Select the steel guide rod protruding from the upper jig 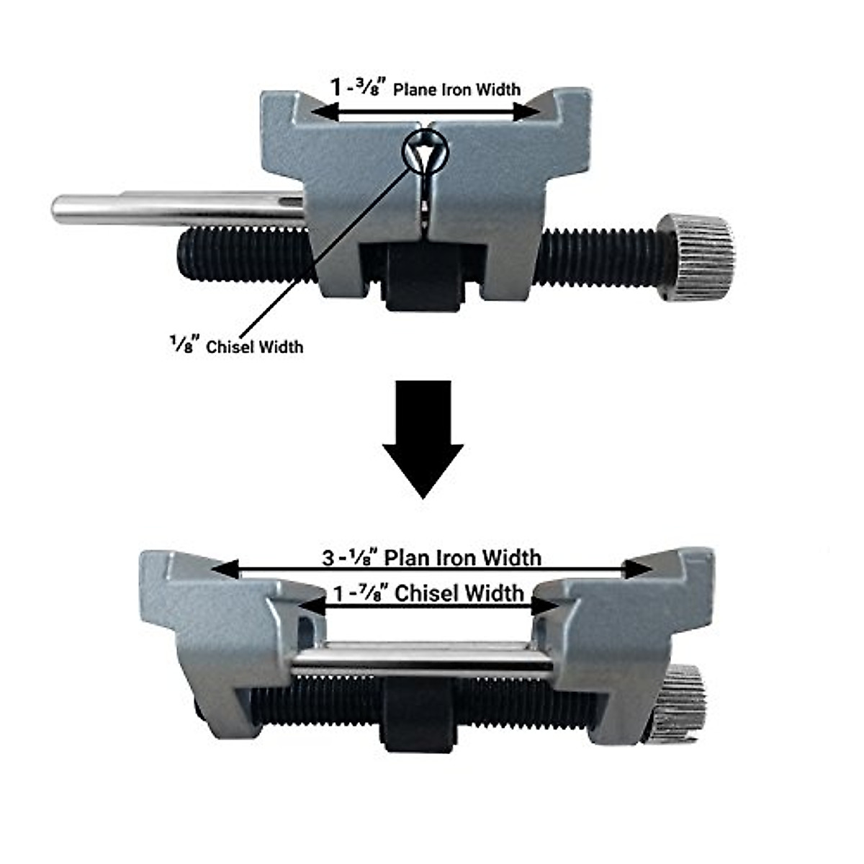click(173, 208)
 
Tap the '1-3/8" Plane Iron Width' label click(425, 89)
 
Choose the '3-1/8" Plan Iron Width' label click(431, 557)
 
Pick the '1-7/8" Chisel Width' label click(428, 593)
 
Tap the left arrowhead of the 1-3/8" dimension click(324, 112)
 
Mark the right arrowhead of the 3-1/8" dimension click(639, 570)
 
